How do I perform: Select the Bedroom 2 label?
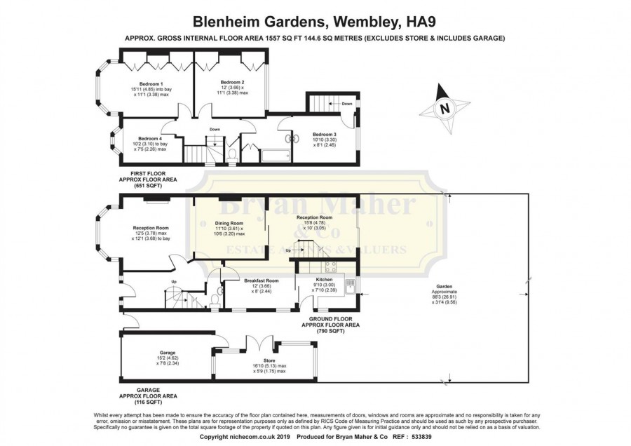pyautogui.click(x=233, y=82)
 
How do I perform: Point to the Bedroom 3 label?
pyautogui.click(x=324, y=134)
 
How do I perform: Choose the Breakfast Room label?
pyautogui.click(x=262, y=281)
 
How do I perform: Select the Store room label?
pyautogui.click(x=255, y=361)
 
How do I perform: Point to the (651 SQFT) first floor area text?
pyautogui.click(x=148, y=185)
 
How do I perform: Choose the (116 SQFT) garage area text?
pyautogui.click(x=147, y=403)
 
